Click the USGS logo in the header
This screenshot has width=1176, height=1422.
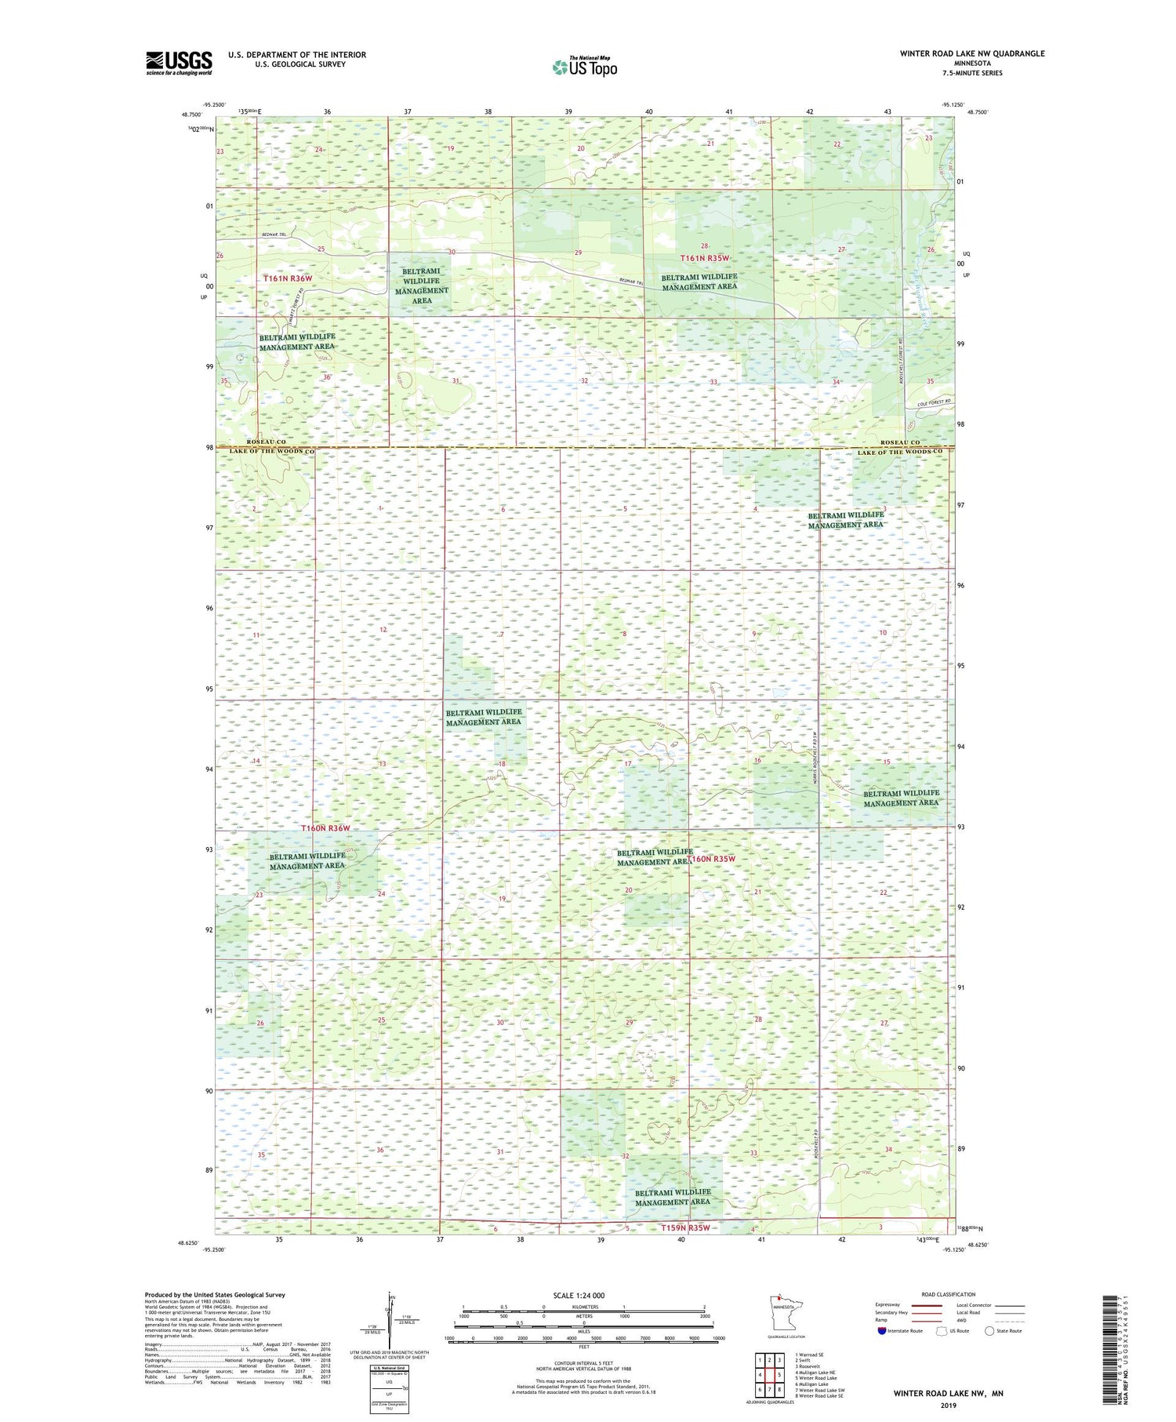[179, 63]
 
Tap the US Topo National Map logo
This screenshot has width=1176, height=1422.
[584, 67]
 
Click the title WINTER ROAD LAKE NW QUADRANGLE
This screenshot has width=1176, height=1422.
[971, 53]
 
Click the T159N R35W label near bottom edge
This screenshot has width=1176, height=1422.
[684, 1228]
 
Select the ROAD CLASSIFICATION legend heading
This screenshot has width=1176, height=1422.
[949, 1295]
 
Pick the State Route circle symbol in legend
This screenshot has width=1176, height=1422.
[989, 1331]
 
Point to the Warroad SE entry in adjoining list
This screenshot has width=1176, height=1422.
[809, 1355]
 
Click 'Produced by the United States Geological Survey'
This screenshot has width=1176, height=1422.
[214, 1296]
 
